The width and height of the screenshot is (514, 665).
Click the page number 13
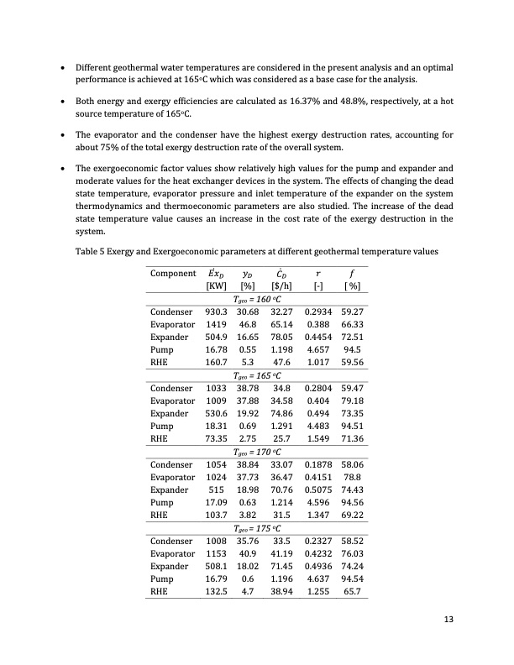(x=448, y=619)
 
